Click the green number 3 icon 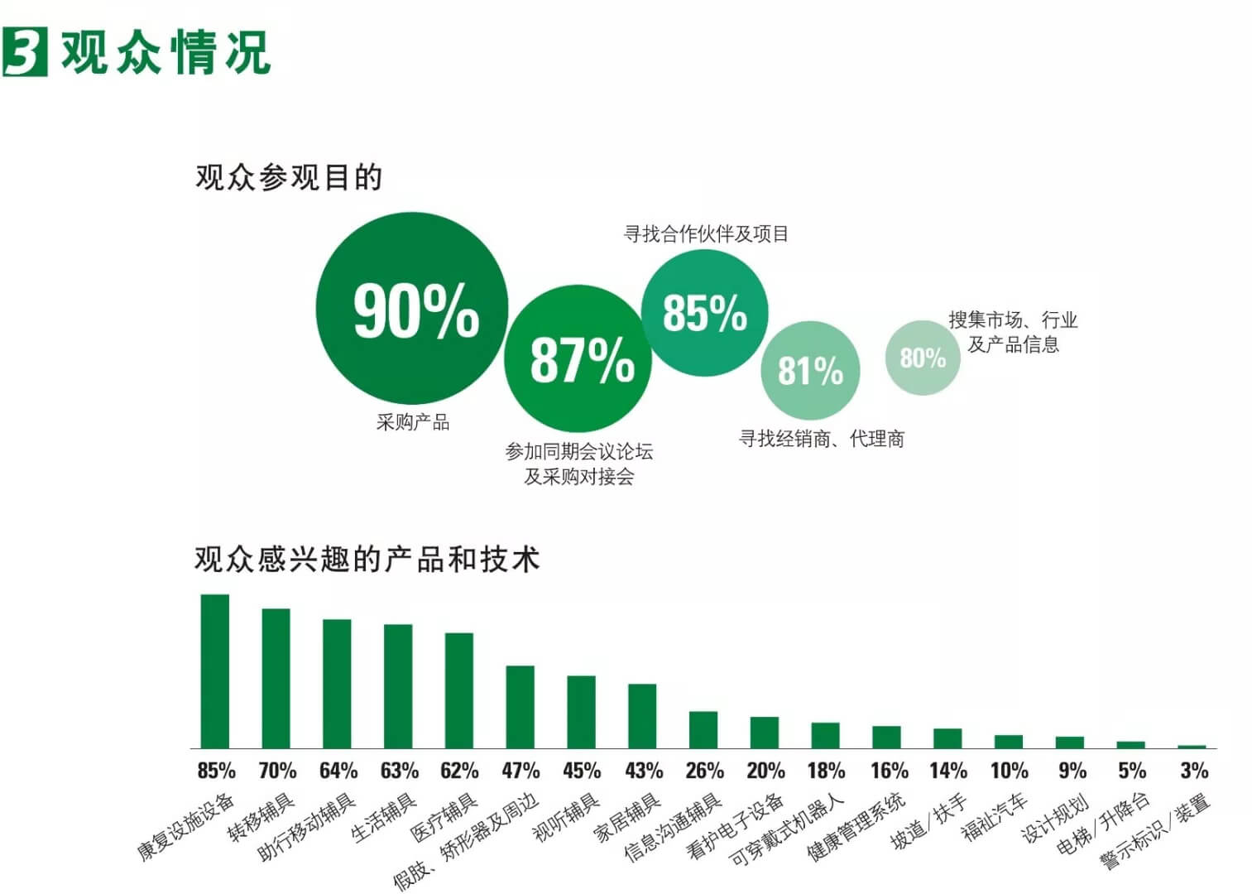coord(25,51)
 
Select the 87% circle coord(578,358)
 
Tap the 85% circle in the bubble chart coord(704,312)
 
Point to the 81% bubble coord(810,370)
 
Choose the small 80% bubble coord(923,358)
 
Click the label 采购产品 coord(413,422)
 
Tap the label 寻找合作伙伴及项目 coord(706,234)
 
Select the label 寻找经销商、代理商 coord(821,439)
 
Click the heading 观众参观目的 coord(289,177)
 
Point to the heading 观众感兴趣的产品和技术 coord(367,560)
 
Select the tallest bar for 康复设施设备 coord(215,670)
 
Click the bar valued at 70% coord(276,678)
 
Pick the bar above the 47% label coord(520,706)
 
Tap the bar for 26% coord(703,729)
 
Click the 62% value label coord(459,771)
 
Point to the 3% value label coord(1193,771)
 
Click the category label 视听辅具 coord(567,817)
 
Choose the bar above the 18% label coord(825,735)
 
